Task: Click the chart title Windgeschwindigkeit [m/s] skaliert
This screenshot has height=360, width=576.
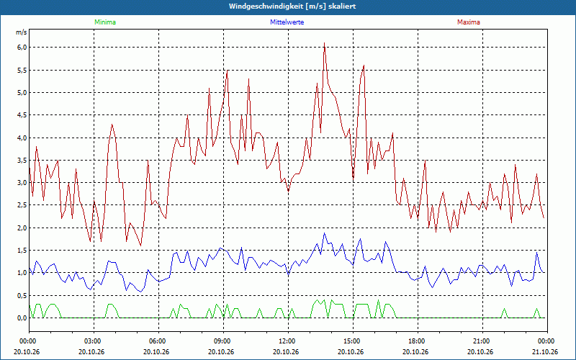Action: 292,6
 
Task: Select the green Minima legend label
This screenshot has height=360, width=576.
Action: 105,22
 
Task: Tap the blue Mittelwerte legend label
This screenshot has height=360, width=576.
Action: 287,22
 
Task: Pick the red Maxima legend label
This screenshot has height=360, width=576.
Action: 469,22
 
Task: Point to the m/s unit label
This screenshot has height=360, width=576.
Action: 22,32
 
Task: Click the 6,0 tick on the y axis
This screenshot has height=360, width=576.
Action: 22,48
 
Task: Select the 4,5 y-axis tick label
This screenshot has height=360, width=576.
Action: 22,115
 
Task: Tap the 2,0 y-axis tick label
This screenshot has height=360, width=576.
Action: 22,228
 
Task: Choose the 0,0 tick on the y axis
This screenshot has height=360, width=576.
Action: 22,318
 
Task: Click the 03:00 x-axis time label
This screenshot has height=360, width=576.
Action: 94,341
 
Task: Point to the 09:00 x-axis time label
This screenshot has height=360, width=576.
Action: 224,341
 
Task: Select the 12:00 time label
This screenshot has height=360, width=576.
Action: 289,341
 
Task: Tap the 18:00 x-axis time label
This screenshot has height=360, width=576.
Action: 418,341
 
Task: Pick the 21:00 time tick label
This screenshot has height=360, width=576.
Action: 482,341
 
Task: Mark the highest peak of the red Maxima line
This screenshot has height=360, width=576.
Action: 325,43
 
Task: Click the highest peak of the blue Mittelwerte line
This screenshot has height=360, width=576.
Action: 325,233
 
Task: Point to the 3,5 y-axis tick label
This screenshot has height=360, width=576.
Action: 22,160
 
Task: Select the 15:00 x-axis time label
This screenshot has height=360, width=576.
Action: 354,341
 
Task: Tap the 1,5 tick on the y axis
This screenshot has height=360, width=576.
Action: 22,251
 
